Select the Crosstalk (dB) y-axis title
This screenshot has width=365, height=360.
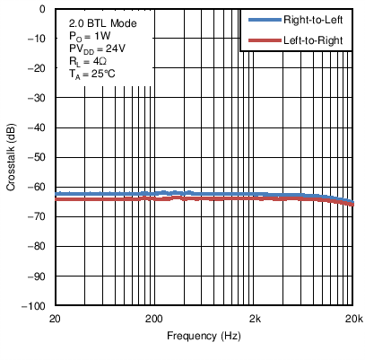click(x=10, y=157)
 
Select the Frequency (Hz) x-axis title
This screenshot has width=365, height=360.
click(x=204, y=337)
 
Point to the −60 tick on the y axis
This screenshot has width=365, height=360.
click(x=38, y=187)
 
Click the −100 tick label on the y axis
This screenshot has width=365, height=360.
click(x=35, y=305)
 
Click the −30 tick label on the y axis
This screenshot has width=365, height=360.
click(x=38, y=98)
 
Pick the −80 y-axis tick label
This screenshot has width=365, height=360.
click(x=38, y=246)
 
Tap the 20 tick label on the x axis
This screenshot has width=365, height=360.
click(x=55, y=319)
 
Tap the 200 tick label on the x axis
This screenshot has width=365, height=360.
click(x=154, y=319)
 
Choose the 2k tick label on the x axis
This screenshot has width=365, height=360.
click(x=255, y=319)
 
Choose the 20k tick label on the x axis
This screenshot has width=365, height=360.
click(x=352, y=319)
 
